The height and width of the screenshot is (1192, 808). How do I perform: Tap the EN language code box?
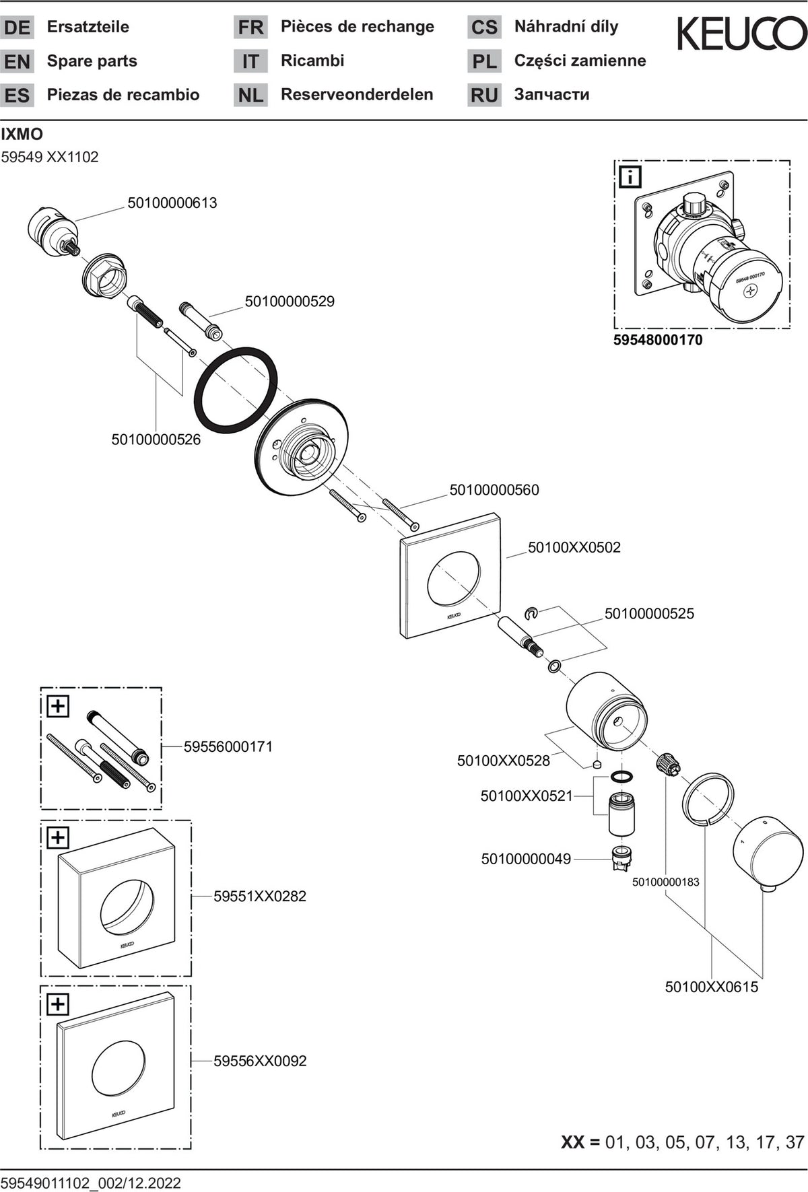[x=17, y=61]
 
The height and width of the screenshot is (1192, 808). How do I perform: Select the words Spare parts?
[x=92, y=61]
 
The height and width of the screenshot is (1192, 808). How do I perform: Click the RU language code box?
[x=484, y=95]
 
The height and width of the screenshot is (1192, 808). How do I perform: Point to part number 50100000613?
[x=172, y=203]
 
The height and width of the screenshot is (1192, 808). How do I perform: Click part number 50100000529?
[x=290, y=301]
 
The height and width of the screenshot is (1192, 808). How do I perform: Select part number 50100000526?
[x=156, y=440]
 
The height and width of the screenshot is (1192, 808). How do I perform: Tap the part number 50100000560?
[x=494, y=490]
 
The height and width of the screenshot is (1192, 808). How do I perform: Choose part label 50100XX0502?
[x=574, y=547]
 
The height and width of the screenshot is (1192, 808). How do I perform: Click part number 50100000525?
[x=649, y=613]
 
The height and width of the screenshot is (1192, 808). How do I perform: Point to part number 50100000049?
[x=526, y=859]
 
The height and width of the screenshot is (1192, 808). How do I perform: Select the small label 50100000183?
[x=665, y=882]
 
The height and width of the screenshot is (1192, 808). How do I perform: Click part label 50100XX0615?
[x=712, y=987]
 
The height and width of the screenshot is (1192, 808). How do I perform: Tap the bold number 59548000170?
[x=658, y=340]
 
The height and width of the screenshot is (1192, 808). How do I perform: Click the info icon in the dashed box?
[x=630, y=177]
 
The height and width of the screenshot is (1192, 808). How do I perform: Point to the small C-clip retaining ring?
[x=531, y=612]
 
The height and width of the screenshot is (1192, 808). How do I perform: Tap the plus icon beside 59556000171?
[x=58, y=706]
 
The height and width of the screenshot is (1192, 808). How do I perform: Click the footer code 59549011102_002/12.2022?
[x=91, y=1183]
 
